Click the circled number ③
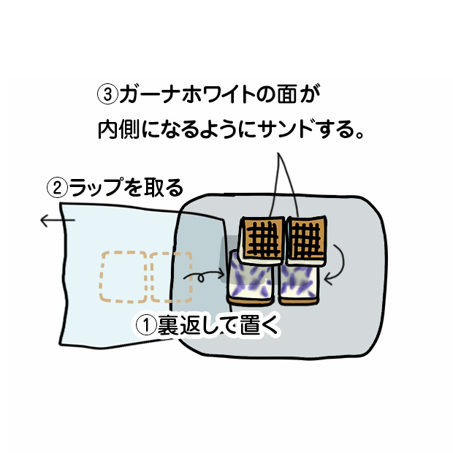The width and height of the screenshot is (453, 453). pyautogui.click(x=107, y=94)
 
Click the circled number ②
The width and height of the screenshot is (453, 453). pyautogui.click(x=57, y=188)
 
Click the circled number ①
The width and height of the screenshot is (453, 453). pyautogui.click(x=146, y=326)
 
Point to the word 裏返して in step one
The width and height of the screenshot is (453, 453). pyautogui.click(x=197, y=326)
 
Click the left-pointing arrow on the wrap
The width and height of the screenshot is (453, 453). pyautogui.click(x=58, y=221)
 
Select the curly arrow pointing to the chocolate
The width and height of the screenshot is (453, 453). pyautogui.click(x=204, y=276)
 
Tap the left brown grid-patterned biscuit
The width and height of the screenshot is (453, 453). pyautogui.click(x=262, y=240)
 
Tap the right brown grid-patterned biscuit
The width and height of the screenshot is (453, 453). pyautogui.click(x=306, y=240)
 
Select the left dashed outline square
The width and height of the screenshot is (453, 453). pyautogui.click(x=123, y=277)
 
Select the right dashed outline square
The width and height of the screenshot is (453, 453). pyautogui.click(x=171, y=277)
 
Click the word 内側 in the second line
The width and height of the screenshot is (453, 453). pyautogui.click(x=119, y=129)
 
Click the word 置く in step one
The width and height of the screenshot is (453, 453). pyautogui.click(x=259, y=326)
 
